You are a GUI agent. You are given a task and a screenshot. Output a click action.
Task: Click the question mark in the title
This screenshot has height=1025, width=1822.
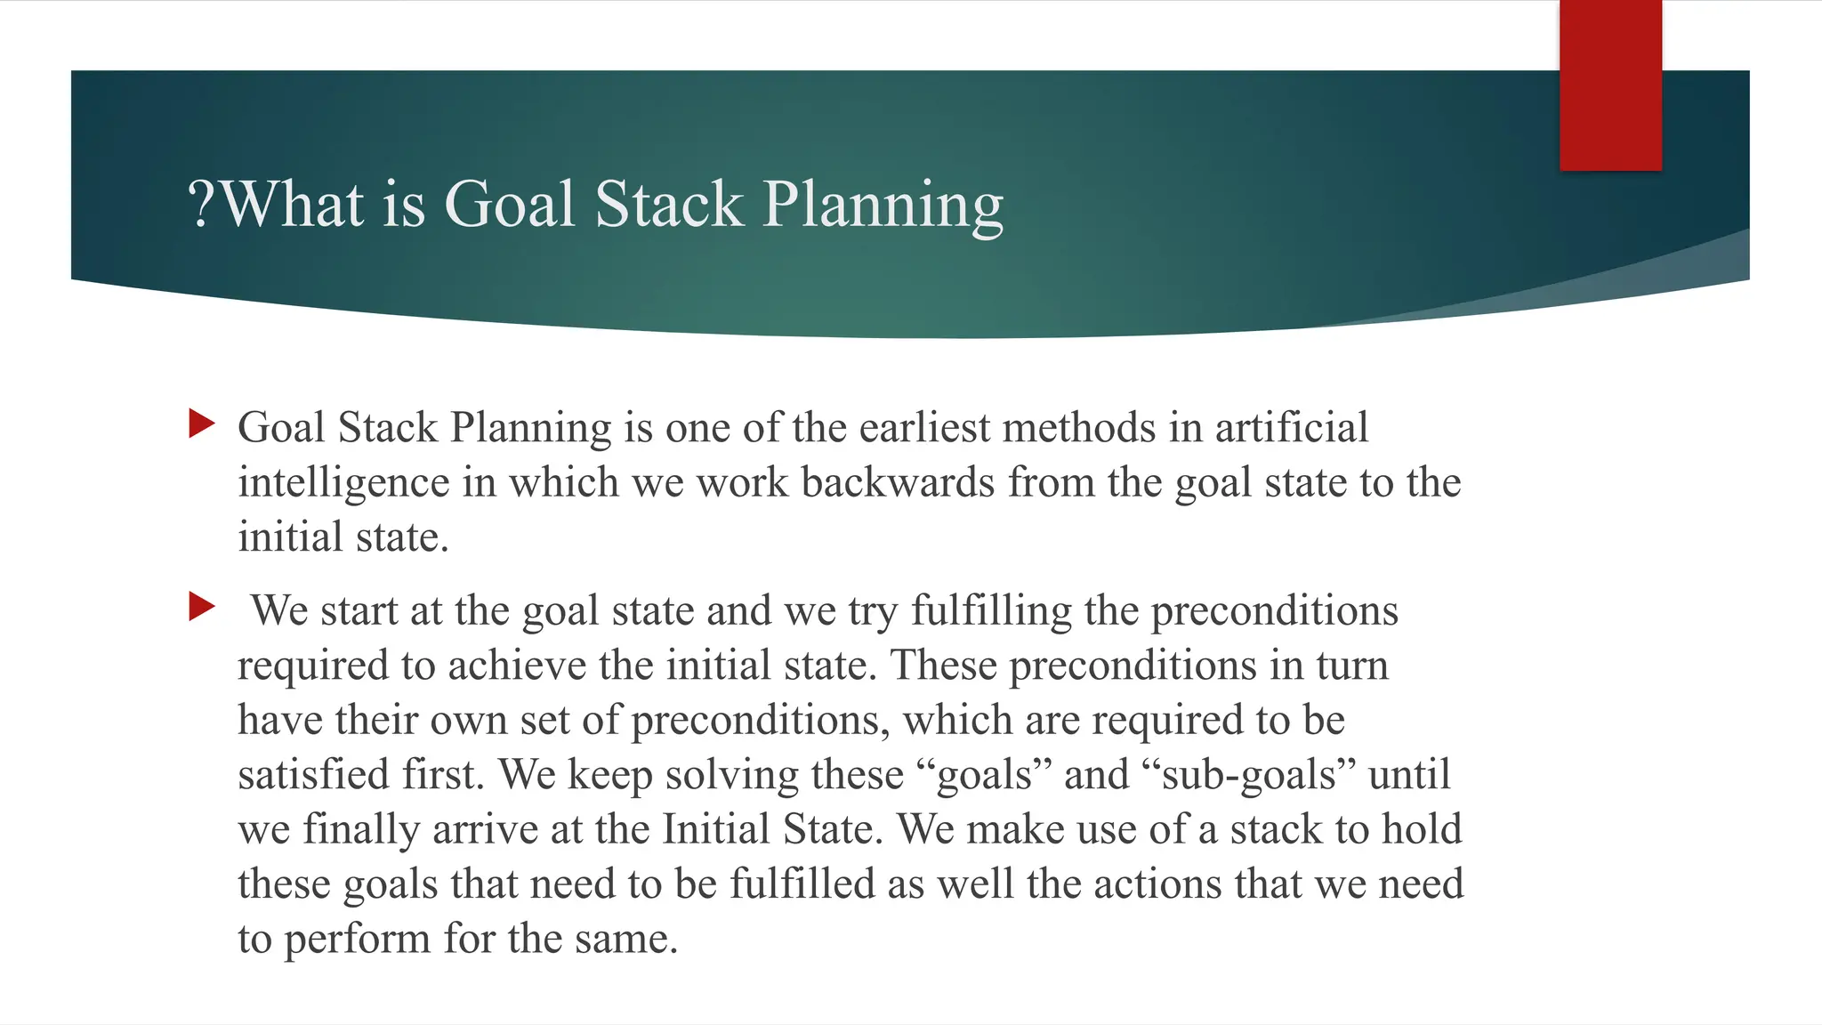pos(202,205)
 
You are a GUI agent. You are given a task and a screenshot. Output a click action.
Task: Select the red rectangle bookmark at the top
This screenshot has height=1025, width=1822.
pos(1610,85)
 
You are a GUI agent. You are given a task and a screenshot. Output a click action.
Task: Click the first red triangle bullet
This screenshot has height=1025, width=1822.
pos(202,424)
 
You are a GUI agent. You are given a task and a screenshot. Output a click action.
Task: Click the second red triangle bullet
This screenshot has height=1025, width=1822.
pos(202,608)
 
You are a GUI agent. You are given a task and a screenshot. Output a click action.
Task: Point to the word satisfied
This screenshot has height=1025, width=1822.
pos(313,774)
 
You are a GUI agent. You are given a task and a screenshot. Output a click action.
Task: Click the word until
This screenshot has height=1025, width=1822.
pos(1408,774)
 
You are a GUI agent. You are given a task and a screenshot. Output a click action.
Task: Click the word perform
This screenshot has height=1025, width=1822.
pos(357,940)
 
